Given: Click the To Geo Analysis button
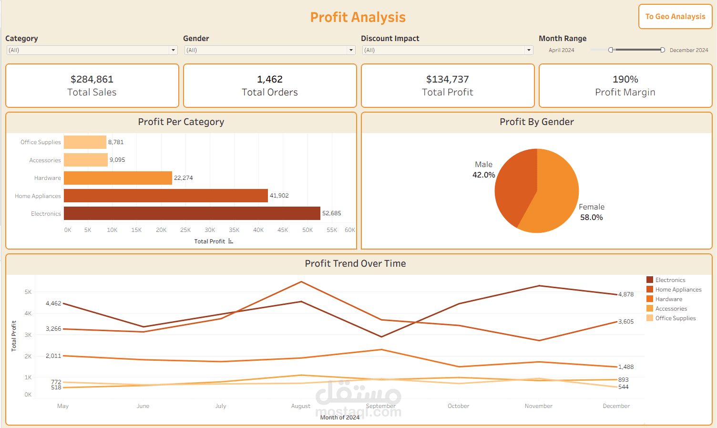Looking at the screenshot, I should pos(675,17).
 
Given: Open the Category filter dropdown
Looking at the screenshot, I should pos(173,50).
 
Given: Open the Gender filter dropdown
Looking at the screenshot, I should pos(351,50).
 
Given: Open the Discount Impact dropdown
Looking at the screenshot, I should pos(529,50).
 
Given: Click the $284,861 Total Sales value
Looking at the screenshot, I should pos(92,79).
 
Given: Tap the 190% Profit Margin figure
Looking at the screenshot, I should pos(625,79).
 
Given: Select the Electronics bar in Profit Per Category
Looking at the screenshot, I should pos(192,213).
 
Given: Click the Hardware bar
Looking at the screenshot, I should pos(118,178).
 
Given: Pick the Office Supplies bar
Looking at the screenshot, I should pos(85,142).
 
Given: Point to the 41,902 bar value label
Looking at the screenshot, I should pos(279,196).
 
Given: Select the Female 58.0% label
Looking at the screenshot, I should pos(591,212).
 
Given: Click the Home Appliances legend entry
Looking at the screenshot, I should pos(678,290).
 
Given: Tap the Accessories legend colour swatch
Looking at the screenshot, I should pos(650,309).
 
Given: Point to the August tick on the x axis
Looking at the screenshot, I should pos(300,406).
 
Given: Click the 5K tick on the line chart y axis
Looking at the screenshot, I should pos(28,292).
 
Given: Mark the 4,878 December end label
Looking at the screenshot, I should pos(626,294).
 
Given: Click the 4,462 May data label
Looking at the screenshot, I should pos(53,303).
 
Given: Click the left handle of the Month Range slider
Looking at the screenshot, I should pos(611,50).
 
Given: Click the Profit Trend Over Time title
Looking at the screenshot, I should pos(355,263).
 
